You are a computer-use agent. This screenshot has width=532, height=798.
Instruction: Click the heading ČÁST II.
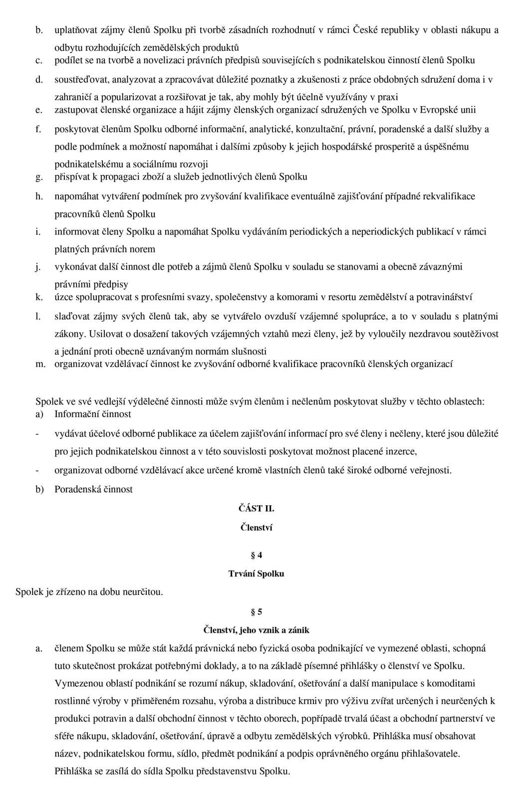pos(257,509)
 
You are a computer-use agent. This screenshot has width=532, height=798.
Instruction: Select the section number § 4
pos(257,555)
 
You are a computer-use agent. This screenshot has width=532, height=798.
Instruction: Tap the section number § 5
pos(257,612)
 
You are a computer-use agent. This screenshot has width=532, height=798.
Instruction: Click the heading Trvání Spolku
pos(257,574)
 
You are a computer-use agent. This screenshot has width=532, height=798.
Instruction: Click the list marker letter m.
pos(40,364)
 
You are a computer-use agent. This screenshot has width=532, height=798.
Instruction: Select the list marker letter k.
pos(38,297)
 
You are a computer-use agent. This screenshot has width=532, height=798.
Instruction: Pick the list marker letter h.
pos(38,196)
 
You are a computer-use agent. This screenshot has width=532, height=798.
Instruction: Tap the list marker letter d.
pos(38,79)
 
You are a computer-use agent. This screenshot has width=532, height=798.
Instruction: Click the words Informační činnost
pos(92,414)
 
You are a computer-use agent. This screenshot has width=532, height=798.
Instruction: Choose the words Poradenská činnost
pos(93,489)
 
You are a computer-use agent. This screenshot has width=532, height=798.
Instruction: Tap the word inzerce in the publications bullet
pos(400,452)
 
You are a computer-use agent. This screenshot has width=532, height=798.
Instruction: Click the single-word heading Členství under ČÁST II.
pos(257,527)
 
